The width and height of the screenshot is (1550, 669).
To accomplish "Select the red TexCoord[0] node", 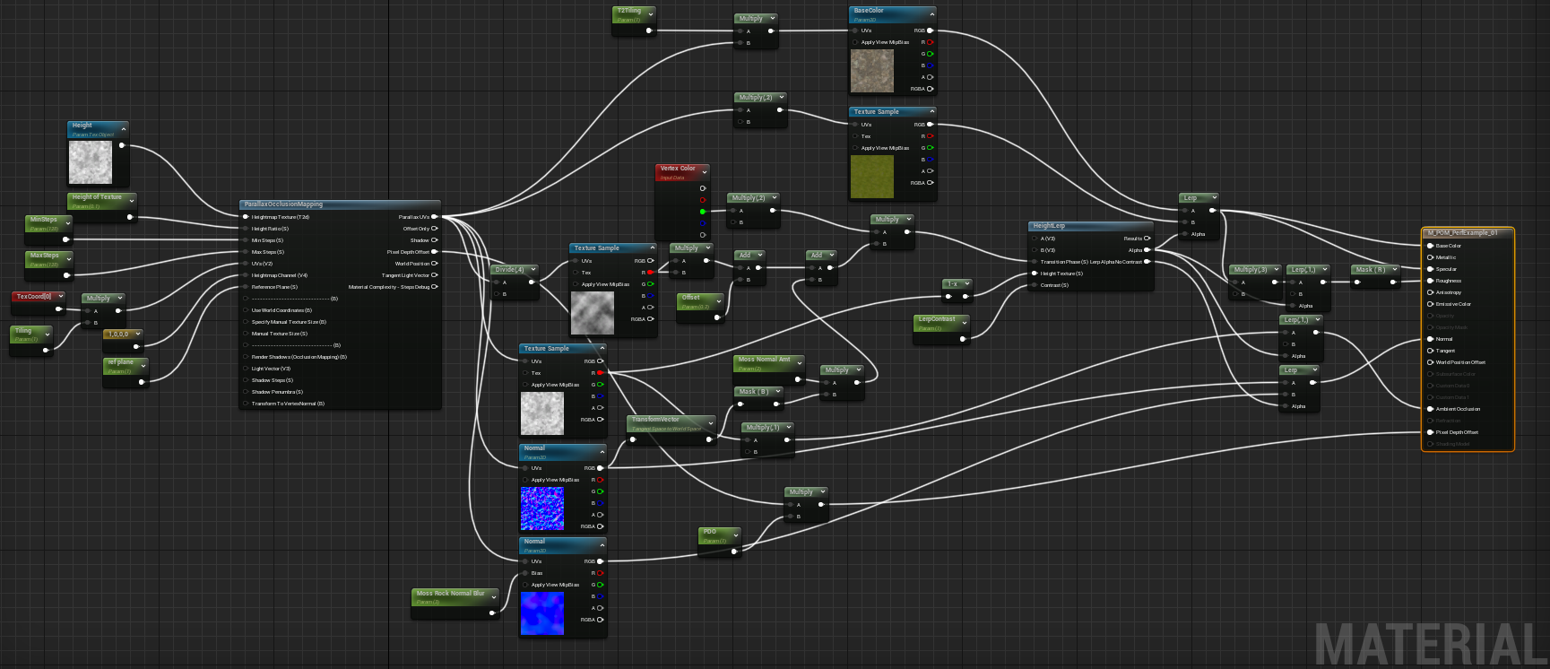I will click(x=34, y=297).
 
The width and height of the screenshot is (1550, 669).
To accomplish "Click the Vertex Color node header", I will click(x=678, y=169).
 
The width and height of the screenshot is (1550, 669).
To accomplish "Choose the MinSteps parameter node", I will click(x=44, y=220).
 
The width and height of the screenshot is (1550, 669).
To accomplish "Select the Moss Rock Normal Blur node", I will click(x=450, y=594).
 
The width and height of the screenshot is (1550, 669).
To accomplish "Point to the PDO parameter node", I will click(x=711, y=532).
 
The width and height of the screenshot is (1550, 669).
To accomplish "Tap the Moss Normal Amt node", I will click(x=764, y=360).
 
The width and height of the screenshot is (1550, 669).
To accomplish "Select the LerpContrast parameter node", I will click(x=937, y=319).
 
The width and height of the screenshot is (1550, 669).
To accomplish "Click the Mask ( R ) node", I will click(x=1371, y=269).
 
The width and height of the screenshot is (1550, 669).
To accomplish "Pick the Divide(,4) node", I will click(x=509, y=269).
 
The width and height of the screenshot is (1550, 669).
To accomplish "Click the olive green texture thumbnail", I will click(x=871, y=177).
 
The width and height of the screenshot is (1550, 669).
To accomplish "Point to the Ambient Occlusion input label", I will click(x=1458, y=409).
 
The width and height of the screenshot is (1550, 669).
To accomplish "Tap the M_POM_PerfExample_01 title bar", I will click(x=1462, y=233).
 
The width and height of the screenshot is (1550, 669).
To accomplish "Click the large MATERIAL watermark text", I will click(x=1431, y=644).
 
